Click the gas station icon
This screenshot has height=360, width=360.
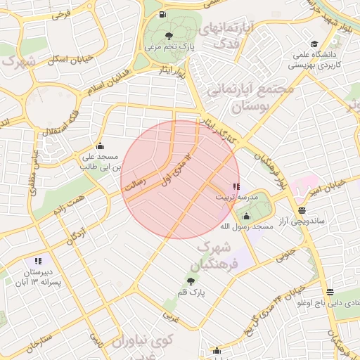[x=163, y=14]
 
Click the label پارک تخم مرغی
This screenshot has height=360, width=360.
[x=169, y=46]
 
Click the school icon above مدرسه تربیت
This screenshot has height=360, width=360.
[x=236, y=187]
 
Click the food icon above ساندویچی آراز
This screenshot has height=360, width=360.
[x=302, y=210]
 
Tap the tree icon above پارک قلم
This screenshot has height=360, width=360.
[x=191, y=281]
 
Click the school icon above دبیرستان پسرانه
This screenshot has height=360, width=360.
[x=37, y=261]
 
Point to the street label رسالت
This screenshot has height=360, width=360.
[x=134, y=184]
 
